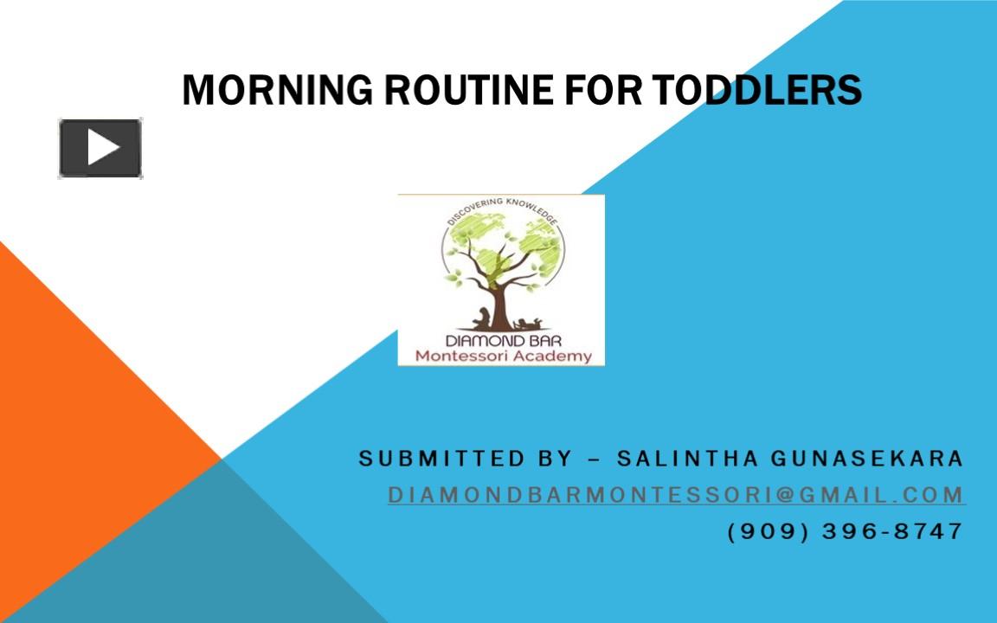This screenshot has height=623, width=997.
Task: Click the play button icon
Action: click(x=100, y=148)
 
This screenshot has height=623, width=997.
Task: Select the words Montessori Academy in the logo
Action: click(x=503, y=356)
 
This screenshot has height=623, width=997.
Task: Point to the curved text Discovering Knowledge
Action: click(x=502, y=208)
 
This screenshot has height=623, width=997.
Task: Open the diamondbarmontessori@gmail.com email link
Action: click(x=676, y=495)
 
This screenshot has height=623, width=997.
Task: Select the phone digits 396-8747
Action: click(x=892, y=531)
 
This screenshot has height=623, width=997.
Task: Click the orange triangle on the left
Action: click(x=78, y=433)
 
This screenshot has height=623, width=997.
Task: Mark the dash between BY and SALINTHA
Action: click(x=594, y=459)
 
